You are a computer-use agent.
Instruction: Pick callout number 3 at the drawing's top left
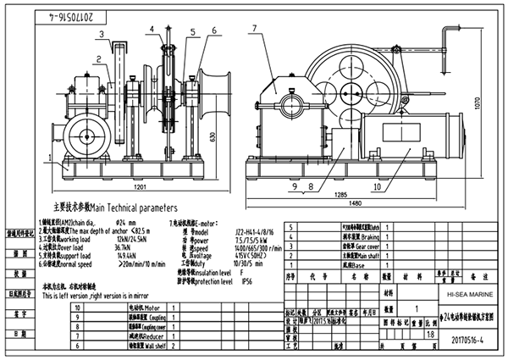click(100, 34)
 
